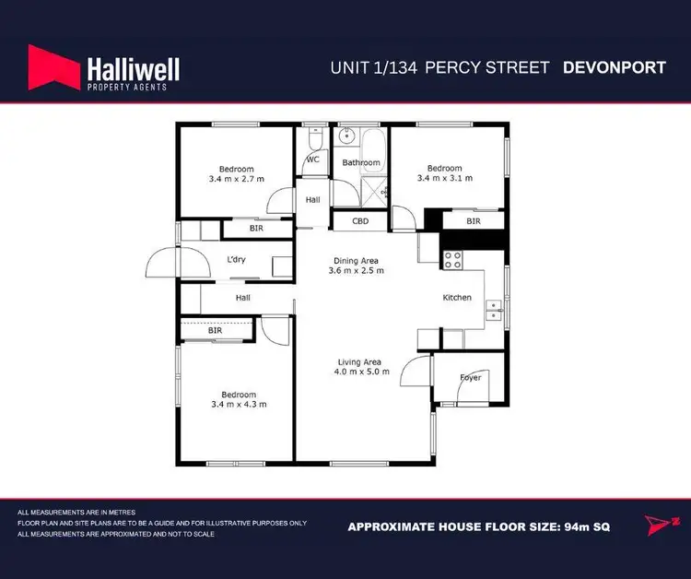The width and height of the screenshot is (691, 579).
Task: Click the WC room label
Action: (x=312, y=158)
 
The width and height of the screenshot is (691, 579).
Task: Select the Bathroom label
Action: (x=361, y=162)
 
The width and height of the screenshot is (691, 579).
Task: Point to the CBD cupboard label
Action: (x=360, y=221)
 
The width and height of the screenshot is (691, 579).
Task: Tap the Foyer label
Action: (x=470, y=378)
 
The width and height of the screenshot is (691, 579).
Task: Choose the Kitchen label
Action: (x=457, y=297)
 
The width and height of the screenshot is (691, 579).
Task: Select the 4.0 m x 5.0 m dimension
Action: (x=362, y=372)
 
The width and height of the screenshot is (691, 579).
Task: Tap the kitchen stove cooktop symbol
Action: (x=452, y=260)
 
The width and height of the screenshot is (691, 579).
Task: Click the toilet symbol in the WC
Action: (x=313, y=141)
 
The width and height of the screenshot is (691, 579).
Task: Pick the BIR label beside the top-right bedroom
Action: (x=473, y=221)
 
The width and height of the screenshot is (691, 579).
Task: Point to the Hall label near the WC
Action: (x=312, y=199)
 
